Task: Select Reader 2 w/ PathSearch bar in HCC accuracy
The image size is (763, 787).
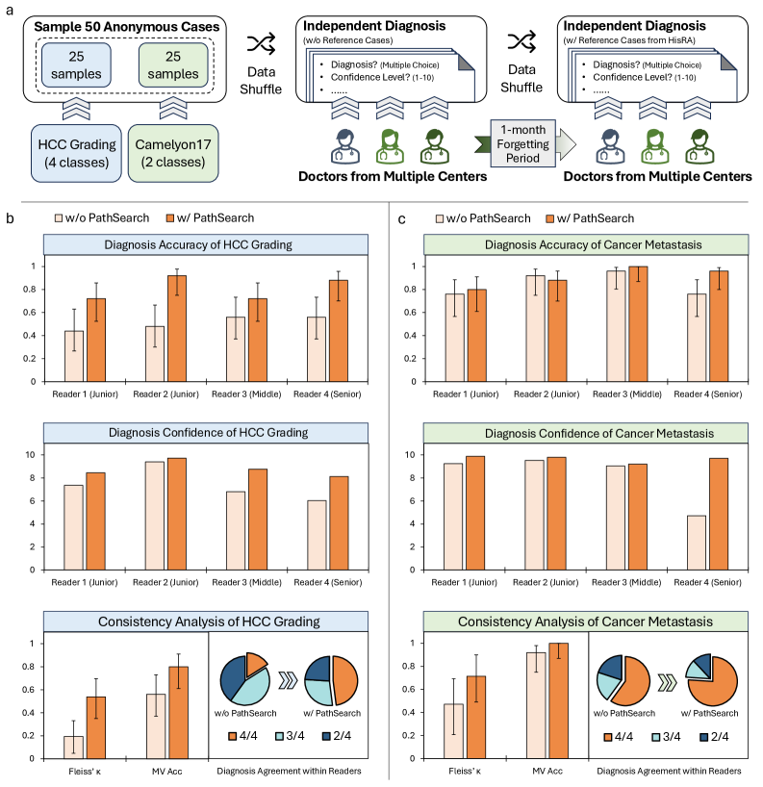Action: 176,328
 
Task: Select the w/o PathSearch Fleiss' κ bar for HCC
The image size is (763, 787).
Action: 73,747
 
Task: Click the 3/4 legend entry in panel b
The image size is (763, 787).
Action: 300,737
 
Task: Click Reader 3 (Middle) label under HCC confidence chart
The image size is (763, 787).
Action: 241,580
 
